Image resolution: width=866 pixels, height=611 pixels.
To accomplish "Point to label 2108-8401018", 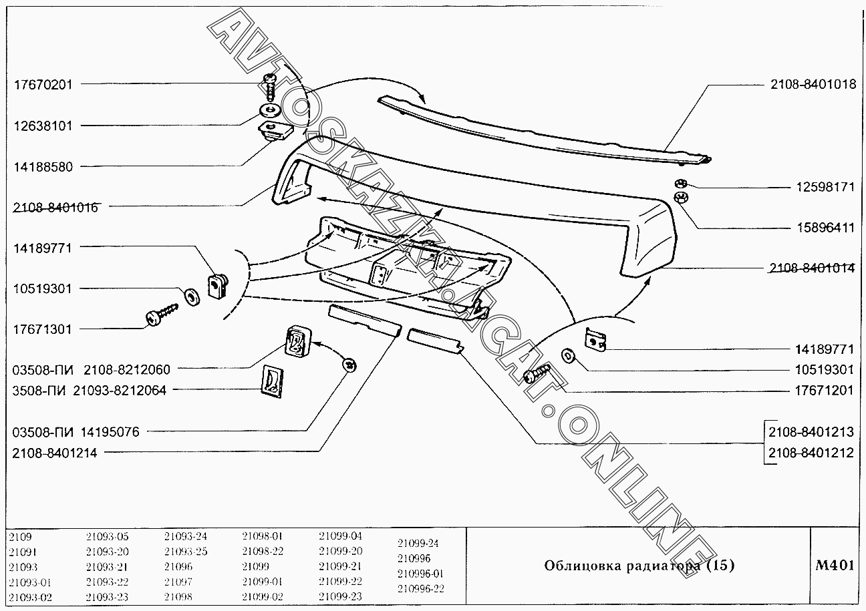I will tap(811, 84).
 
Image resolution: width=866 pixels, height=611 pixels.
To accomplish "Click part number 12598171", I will tap(825, 187).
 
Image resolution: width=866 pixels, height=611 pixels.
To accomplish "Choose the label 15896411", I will tap(825, 228).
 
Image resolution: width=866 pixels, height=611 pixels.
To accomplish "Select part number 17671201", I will tap(825, 391).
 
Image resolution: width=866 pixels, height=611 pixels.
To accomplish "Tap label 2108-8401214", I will tap(55, 453).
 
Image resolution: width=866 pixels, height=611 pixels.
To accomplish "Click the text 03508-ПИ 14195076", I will tap(76, 432).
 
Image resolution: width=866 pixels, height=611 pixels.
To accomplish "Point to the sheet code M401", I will tap(835, 566).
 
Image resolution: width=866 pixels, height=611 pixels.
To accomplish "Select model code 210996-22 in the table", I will tap(420, 588).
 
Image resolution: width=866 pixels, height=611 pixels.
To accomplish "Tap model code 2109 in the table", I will tap(21, 536).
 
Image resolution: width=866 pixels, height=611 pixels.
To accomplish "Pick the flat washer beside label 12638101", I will tap(271, 110).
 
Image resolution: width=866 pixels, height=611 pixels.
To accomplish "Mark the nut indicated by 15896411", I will tap(682, 197).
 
